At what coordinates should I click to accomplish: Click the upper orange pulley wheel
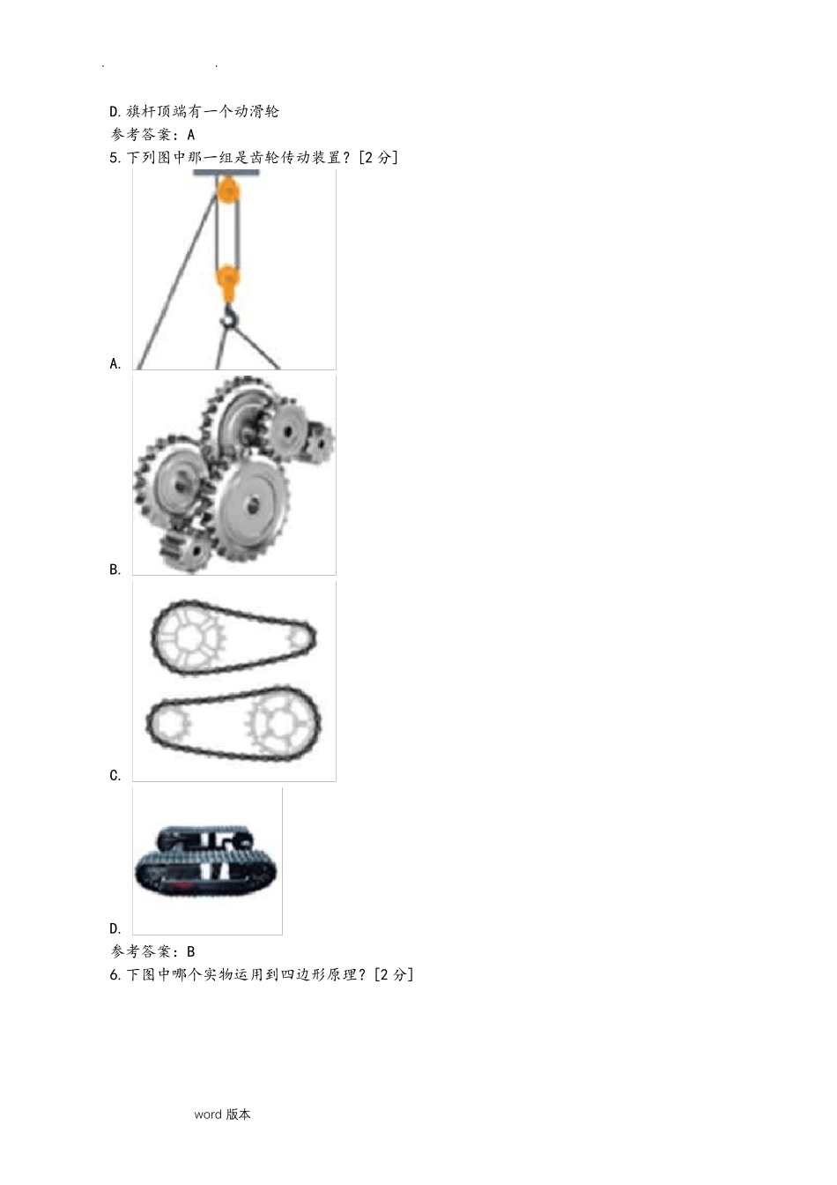[228, 190]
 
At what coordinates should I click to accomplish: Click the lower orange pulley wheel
[228, 277]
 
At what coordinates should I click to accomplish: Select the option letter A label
[115, 363]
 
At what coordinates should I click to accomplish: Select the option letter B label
[115, 570]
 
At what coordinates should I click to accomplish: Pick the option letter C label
[115, 775]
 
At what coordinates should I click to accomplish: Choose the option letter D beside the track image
[115, 928]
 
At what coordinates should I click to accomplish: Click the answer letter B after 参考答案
[191, 951]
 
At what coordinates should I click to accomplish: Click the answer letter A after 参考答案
[191, 135]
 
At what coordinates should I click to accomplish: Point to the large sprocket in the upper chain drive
[189, 638]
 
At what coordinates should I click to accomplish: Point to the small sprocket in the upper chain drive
[298, 639]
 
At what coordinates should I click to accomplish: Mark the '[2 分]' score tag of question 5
[378, 158]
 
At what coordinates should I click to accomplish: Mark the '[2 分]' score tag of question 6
[393, 974]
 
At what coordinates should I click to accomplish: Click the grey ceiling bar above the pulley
[226, 173]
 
